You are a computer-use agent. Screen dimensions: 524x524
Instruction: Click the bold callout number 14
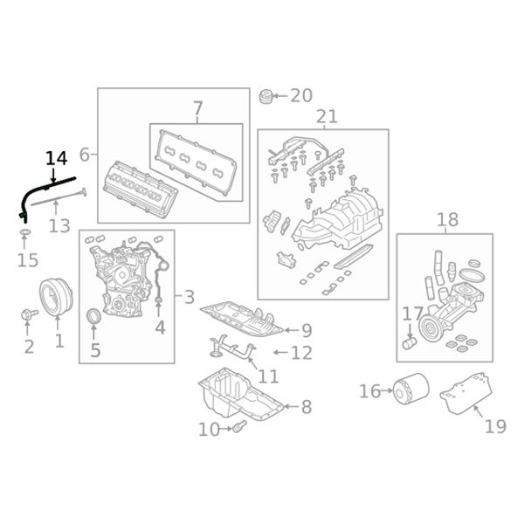pyautogui.click(x=56, y=158)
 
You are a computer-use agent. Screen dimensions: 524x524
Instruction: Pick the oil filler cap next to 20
pyautogui.click(x=268, y=94)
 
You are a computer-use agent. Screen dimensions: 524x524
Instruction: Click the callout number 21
pyautogui.click(x=326, y=117)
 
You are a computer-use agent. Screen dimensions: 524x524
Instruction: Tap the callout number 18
pyautogui.click(x=447, y=220)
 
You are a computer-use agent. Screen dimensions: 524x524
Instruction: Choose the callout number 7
pyautogui.click(x=197, y=109)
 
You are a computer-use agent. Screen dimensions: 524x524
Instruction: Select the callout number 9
pyautogui.click(x=306, y=330)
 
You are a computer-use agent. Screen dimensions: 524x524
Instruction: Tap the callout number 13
pyautogui.click(x=59, y=226)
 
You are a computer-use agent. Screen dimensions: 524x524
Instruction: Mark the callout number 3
pyautogui.click(x=190, y=297)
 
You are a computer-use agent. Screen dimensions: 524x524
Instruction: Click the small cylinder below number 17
pyautogui.click(x=408, y=341)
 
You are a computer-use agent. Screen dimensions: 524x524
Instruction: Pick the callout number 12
pyautogui.click(x=301, y=353)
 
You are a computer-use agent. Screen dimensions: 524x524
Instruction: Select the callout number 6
pyautogui.click(x=85, y=155)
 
